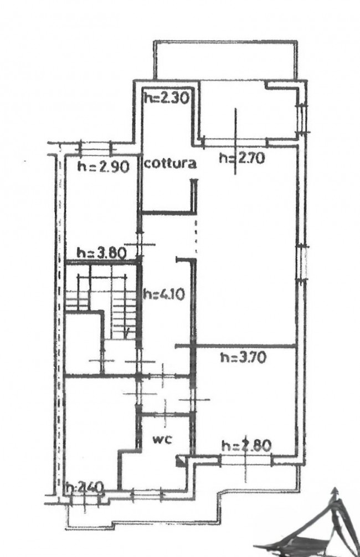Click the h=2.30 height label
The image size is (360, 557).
coord(166,97)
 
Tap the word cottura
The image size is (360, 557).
coord(170,163)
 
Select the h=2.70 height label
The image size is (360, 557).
coord(242,158)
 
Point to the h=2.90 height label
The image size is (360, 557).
coord(104,167)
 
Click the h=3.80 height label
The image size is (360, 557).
coord(102,254)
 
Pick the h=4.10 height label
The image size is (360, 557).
coord(164,294)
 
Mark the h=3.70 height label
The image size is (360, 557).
coord(244,357)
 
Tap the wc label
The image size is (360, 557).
coord(163,439)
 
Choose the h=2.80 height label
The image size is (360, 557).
coord(246,445)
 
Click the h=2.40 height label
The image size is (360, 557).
coord(85,486)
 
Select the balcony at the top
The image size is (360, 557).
coord(225,60)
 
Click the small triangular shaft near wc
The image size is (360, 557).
coord(181,461)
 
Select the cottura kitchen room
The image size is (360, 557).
coord(167,149)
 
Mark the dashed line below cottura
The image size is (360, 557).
coord(196,236)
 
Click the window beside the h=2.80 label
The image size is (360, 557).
coord(246,461)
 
